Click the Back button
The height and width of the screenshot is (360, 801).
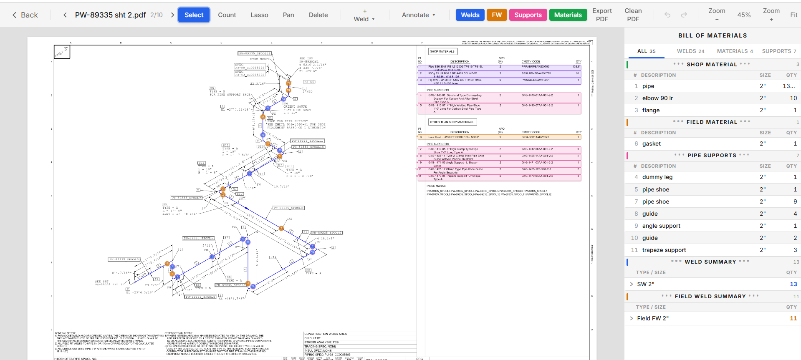point(25,15)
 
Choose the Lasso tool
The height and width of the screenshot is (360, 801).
point(259,15)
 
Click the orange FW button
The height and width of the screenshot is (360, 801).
point(497,15)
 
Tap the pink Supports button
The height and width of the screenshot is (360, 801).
point(528,15)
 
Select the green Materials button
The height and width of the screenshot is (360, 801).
point(568,15)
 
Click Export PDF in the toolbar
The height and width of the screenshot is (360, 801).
point(602,15)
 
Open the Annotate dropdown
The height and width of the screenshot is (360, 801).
point(418,15)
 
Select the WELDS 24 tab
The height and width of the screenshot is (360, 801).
point(690,51)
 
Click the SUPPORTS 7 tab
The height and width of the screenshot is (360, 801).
point(779,51)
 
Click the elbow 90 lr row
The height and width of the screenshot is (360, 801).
point(657,98)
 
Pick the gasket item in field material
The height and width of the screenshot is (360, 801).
point(651,143)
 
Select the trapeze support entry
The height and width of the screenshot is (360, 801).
point(664,250)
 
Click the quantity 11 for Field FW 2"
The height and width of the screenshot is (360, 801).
point(793,318)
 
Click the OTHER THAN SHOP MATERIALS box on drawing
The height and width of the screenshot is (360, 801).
point(452,122)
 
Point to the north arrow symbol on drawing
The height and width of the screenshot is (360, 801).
point(62,52)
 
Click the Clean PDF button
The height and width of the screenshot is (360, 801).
point(633,15)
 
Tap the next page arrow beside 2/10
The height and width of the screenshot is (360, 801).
point(172,15)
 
